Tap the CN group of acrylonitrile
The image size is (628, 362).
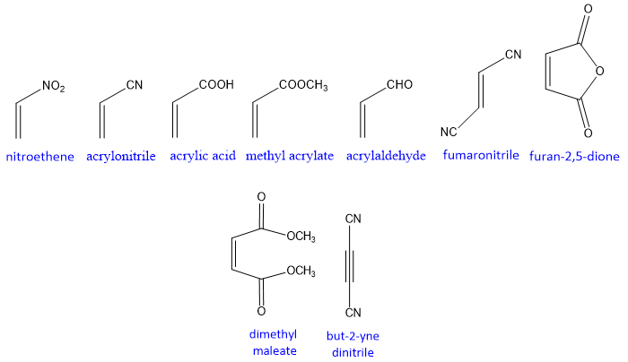pyautogui.click(x=135, y=86)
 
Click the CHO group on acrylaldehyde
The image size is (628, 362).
pyautogui.click(x=399, y=85)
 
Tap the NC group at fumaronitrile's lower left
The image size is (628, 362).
pyautogui.click(x=449, y=132)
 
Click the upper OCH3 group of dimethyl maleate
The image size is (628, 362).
pyautogui.click(x=301, y=237)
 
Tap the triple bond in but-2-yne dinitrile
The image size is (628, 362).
pyautogui.click(x=353, y=265)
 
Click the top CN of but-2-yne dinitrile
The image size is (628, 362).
pyautogui.click(x=353, y=219)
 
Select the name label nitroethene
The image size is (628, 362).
pyautogui.click(x=40, y=156)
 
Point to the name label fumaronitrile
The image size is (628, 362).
pyautogui.click(x=482, y=155)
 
